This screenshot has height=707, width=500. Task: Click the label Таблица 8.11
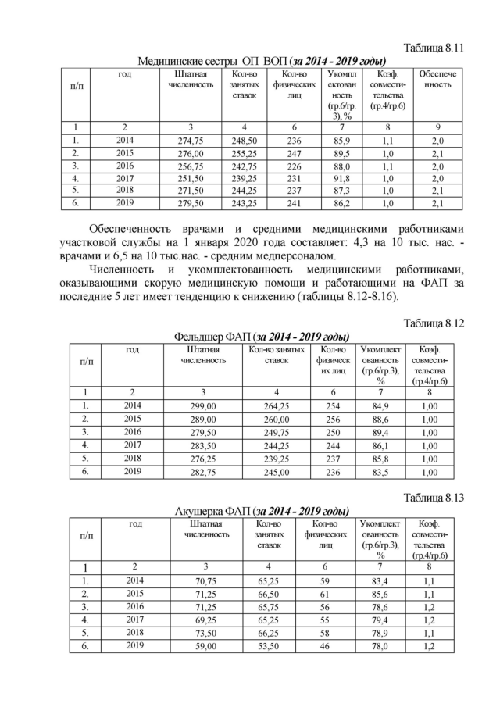pos(434,48)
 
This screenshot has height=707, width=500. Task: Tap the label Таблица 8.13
pos(434,497)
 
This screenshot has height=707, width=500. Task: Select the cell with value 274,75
pos(191,141)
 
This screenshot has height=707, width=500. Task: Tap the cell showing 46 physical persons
pos(325,646)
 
